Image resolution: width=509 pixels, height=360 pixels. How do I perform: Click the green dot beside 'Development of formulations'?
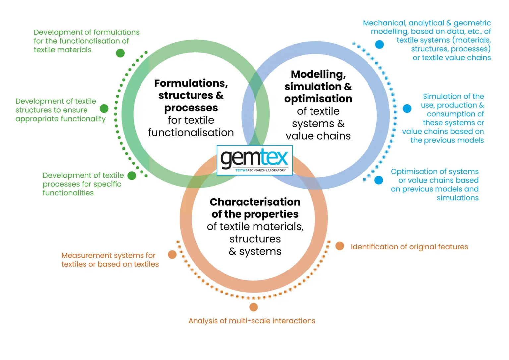click(x=120, y=53)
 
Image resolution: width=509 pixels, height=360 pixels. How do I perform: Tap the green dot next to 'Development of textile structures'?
click(x=104, y=108)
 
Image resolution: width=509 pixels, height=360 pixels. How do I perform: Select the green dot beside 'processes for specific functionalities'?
click(x=132, y=176)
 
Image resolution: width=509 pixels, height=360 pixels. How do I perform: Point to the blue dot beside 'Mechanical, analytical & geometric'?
click(x=379, y=44)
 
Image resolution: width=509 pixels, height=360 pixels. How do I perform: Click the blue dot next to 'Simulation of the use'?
click(x=407, y=108)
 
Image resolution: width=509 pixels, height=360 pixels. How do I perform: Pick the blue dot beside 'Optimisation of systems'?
click(x=379, y=180)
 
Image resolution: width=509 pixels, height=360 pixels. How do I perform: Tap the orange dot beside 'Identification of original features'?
click(x=340, y=246)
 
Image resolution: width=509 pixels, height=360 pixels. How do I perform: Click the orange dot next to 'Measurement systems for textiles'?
click(x=172, y=254)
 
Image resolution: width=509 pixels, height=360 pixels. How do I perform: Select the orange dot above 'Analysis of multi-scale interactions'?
click(x=254, y=307)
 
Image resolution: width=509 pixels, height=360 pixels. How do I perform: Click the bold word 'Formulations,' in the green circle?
click(x=191, y=83)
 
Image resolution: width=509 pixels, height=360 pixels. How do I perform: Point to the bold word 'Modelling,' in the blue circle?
click(x=318, y=74)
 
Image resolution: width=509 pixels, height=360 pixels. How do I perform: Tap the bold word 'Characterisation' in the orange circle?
click(x=255, y=202)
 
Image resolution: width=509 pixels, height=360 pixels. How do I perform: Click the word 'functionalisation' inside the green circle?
click(x=191, y=132)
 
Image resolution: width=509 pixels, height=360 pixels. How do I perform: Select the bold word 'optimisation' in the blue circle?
click(x=318, y=99)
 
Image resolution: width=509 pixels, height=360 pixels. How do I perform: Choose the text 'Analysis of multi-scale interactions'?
click(x=252, y=321)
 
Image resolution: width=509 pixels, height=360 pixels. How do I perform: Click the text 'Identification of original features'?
click(x=409, y=247)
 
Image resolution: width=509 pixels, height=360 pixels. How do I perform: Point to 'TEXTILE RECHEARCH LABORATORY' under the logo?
click(x=260, y=170)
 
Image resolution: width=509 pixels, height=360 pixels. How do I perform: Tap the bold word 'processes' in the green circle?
click(x=191, y=108)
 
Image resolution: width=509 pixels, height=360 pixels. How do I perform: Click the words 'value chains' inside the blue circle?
click(x=318, y=136)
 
